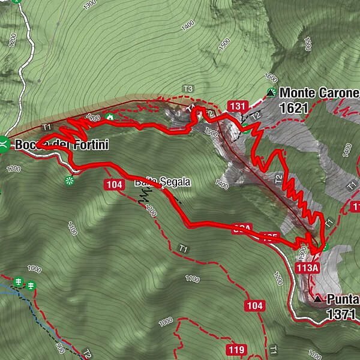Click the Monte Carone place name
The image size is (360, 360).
[319, 93]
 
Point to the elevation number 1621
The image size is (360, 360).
[293, 108]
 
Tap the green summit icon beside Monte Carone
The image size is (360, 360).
[271, 92]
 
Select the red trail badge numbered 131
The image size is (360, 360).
[238, 106]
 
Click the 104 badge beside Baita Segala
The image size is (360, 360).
[115, 184]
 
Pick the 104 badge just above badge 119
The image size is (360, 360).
[254, 306]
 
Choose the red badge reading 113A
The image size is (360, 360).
[307, 268]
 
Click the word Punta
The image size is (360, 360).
[343, 298]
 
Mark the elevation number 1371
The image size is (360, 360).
[342, 313]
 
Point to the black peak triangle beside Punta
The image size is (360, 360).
[317, 298]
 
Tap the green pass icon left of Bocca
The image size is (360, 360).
[4, 143]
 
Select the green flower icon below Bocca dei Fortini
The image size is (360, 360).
[70, 179]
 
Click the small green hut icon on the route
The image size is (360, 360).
[110, 116]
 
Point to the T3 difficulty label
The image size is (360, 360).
[188, 89]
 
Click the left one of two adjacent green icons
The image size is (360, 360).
[19, 282]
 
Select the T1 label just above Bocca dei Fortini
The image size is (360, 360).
[47, 127]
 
